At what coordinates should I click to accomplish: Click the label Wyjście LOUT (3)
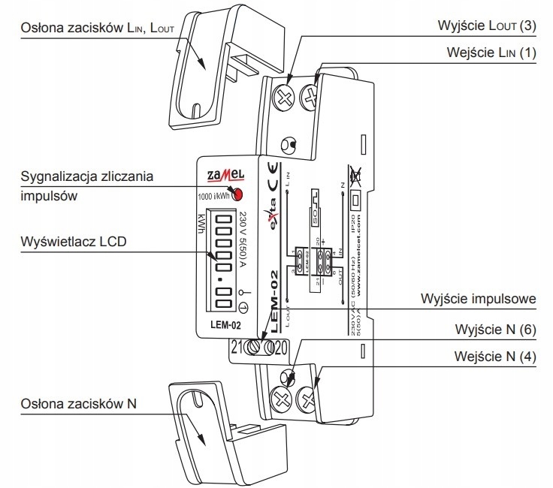(487, 25)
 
